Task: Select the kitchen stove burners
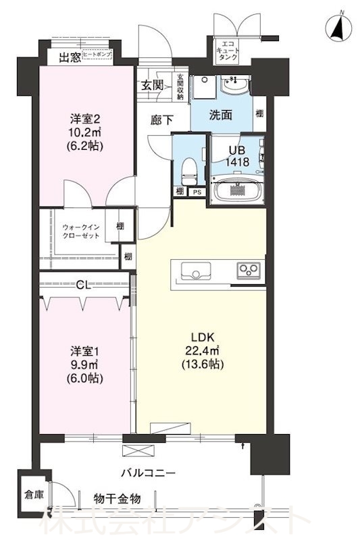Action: click(248, 271)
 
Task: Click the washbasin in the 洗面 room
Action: click(235, 86)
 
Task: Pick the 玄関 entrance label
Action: click(152, 85)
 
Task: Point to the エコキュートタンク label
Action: click(227, 51)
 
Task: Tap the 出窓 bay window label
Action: click(70, 57)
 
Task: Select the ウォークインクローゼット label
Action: click(81, 232)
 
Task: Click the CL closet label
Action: click(83, 286)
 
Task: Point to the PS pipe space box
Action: click(197, 192)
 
